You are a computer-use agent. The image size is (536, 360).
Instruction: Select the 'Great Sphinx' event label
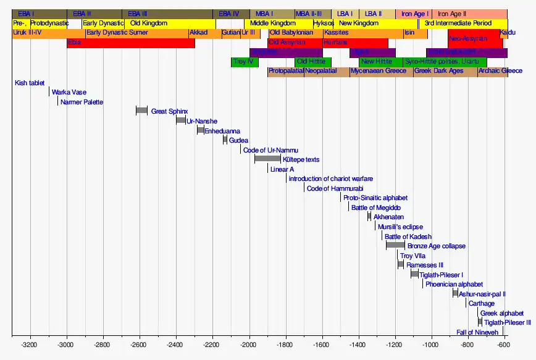(169, 111)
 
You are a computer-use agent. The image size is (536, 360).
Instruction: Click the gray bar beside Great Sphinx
(141, 111)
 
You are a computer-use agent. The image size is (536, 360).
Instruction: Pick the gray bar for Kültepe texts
(267, 159)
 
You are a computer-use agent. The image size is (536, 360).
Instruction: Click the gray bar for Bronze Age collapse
(395, 245)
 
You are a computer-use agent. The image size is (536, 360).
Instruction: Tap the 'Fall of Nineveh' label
(477, 332)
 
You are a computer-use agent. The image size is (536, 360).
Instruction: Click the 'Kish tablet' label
(30, 83)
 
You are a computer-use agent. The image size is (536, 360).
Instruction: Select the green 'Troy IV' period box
(243, 62)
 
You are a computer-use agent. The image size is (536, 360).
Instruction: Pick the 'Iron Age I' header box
(415, 14)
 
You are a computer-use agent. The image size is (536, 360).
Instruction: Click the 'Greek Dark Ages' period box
(438, 71)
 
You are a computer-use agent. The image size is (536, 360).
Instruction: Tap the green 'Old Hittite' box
(312, 62)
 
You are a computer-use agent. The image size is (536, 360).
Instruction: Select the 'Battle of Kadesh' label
(408, 237)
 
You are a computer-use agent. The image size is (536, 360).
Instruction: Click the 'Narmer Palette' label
(82, 102)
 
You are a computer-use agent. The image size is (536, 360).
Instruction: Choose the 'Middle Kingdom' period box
(273, 23)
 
